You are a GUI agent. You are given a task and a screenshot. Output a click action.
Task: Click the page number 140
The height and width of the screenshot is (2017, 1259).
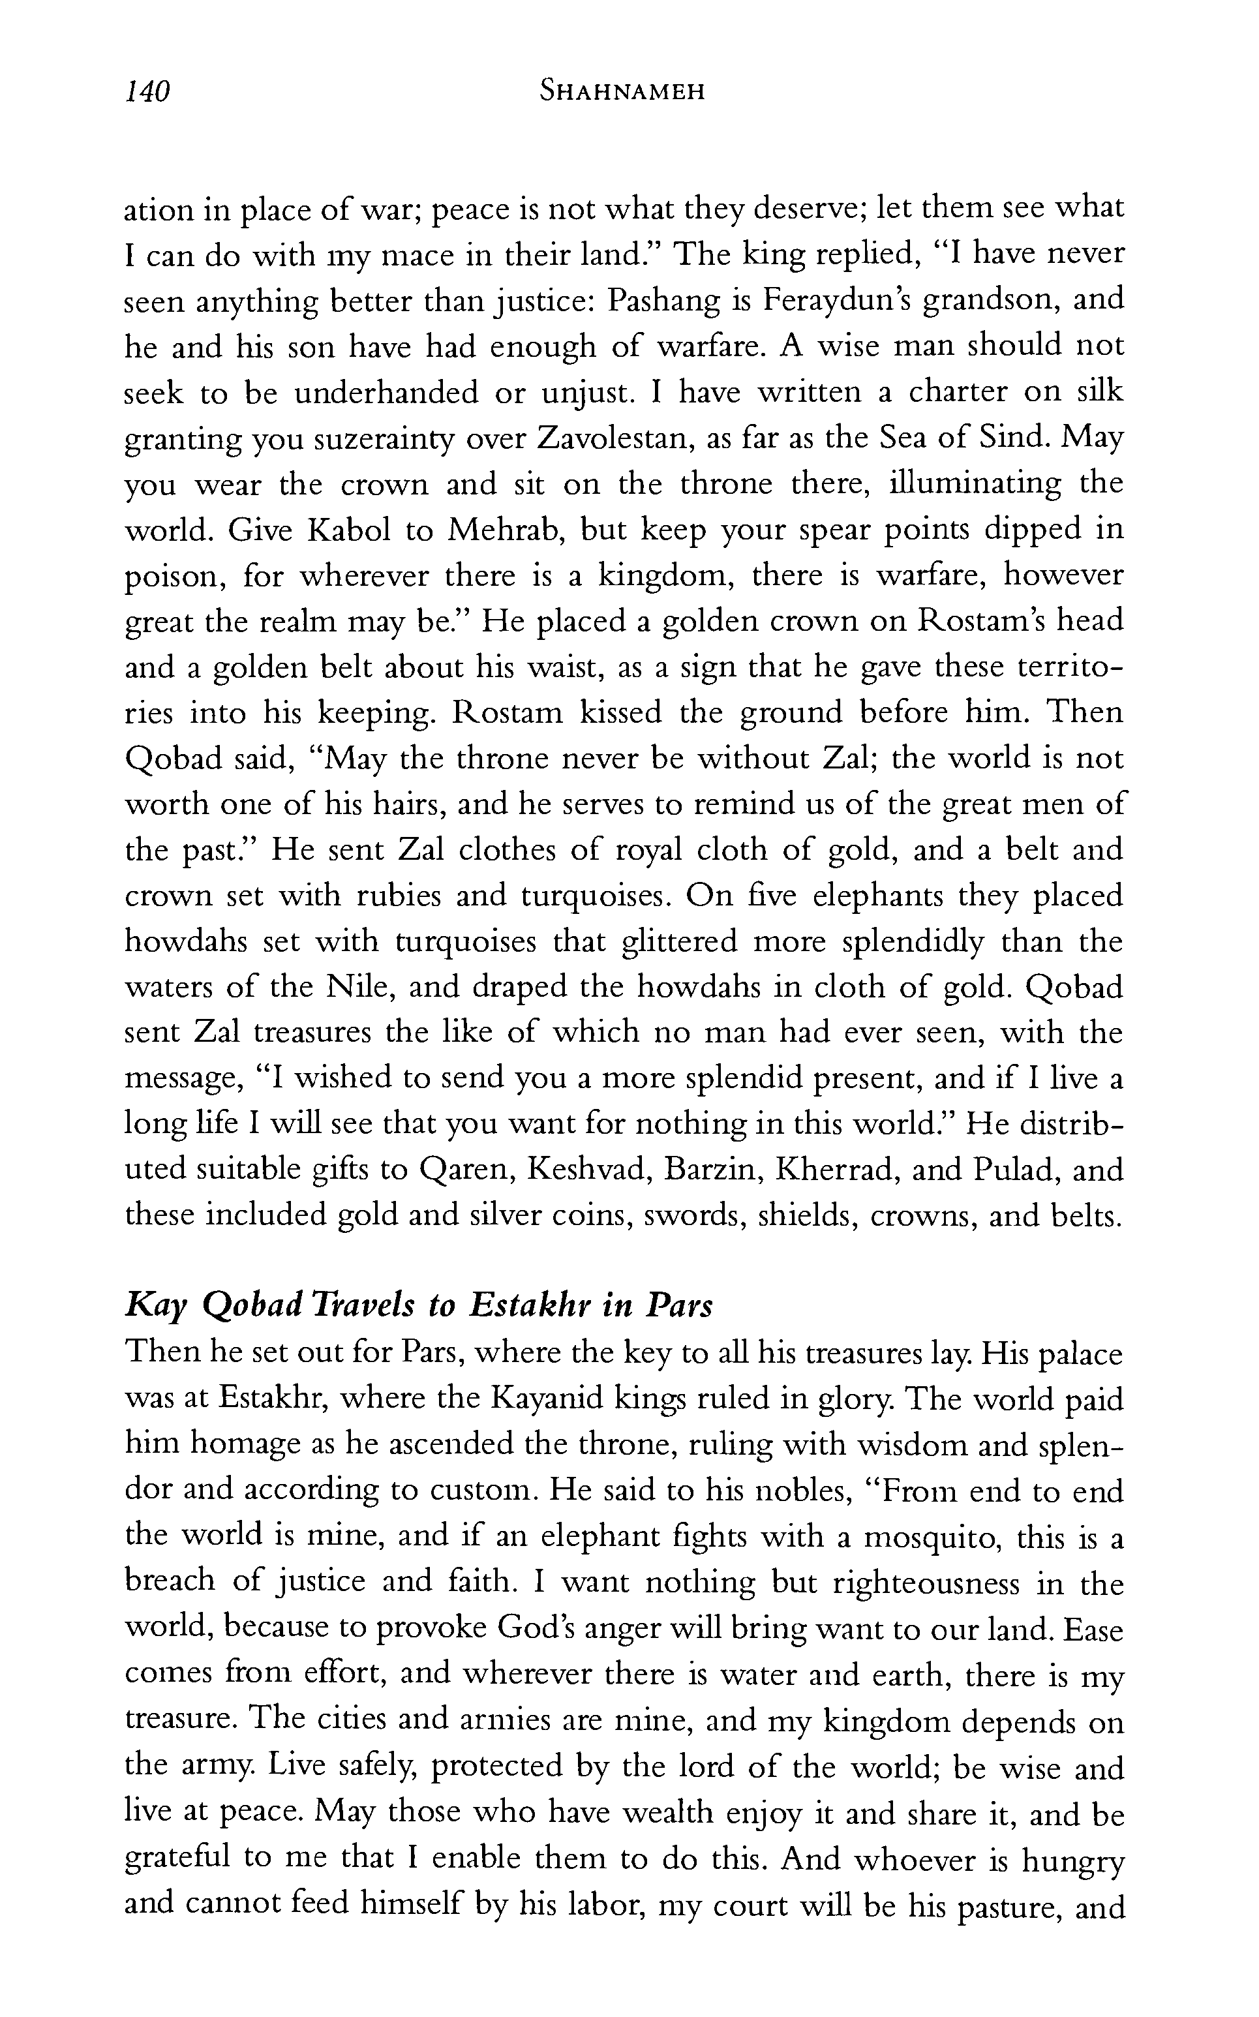pyautogui.click(x=147, y=91)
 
